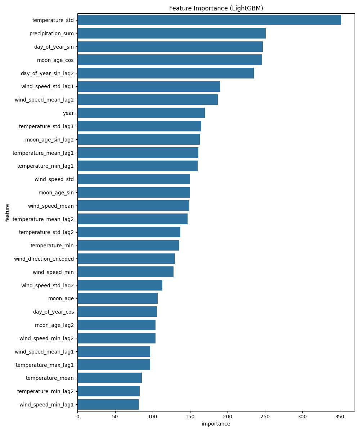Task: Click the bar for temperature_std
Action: (209, 20)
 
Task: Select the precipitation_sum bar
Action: (171, 33)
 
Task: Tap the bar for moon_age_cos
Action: (170, 60)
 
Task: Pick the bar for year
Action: (141, 113)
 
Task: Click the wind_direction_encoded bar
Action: (126, 258)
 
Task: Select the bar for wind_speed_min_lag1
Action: (108, 404)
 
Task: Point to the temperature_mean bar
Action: (109, 378)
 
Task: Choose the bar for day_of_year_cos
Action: (117, 311)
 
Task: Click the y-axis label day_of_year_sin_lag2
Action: (47, 73)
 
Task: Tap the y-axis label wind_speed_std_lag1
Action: (48, 86)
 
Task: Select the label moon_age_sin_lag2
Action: (49, 140)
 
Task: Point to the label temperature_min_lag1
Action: (45, 166)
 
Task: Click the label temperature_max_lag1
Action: (45, 365)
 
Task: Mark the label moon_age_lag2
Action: (54, 325)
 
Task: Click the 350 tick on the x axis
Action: (340, 417)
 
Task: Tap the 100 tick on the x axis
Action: (153, 417)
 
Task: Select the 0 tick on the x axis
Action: (77, 417)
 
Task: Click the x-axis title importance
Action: (216, 424)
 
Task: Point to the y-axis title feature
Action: (7, 212)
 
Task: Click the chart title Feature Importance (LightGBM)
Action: (216, 8)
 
